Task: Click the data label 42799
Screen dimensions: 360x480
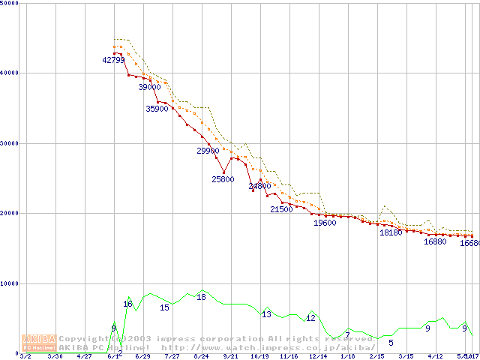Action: pyautogui.click(x=113, y=60)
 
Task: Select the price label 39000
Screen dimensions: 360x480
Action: pyautogui.click(x=149, y=87)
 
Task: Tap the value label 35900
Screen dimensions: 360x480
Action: pyautogui.click(x=157, y=109)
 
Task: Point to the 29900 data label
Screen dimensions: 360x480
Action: pyautogui.click(x=208, y=151)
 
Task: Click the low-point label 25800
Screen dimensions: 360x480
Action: pyautogui.click(x=223, y=179)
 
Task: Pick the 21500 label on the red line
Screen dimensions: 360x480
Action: pyautogui.click(x=281, y=209)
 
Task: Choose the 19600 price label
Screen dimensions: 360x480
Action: pyautogui.click(x=325, y=223)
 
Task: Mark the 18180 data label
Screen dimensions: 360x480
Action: pyautogui.click(x=391, y=232)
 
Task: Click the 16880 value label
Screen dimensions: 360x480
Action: pyautogui.click(x=435, y=241)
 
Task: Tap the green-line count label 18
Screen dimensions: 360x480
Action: pyautogui.click(x=201, y=297)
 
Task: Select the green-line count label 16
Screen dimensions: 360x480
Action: pyautogui.click(x=127, y=304)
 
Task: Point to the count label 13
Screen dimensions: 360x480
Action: pyautogui.click(x=266, y=314)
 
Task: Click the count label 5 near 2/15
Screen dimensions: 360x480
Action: pyautogui.click(x=391, y=343)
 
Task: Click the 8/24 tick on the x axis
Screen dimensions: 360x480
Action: pyautogui.click(x=201, y=356)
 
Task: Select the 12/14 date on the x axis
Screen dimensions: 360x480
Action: pyautogui.click(x=318, y=356)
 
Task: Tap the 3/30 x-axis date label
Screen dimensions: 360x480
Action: pyautogui.click(x=55, y=356)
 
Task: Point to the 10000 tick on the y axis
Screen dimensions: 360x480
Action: pyautogui.click(x=10, y=283)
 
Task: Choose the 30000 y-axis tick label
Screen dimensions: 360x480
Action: pyautogui.click(x=10, y=143)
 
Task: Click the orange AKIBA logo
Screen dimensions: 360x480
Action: pyautogui.click(x=36, y=342)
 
